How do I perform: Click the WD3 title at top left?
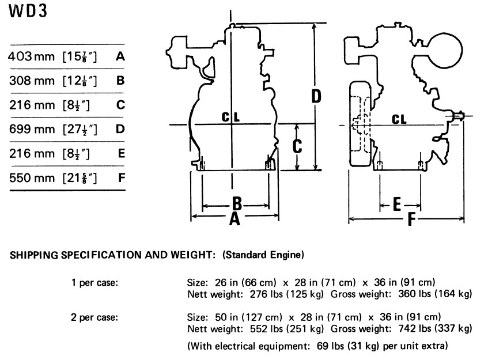[28, 11]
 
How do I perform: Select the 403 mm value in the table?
[32, 56]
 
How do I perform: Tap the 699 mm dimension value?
[32, 129]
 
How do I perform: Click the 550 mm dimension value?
[32, 178]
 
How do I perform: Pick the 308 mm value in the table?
[32, 81]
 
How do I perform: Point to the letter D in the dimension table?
[120, 129]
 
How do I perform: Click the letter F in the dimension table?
[122, 178]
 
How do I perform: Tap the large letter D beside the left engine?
[316, 96]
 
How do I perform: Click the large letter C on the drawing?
[297, 146]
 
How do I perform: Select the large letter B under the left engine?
[237, 204]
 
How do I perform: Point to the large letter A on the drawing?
[234, 219]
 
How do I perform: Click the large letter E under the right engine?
[397, 204]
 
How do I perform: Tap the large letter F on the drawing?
[411, 219]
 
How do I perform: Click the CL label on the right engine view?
[399, 119]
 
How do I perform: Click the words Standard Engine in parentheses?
[263, 255]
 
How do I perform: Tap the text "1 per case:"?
[95, 283]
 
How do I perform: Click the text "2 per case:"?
[94, 317]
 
